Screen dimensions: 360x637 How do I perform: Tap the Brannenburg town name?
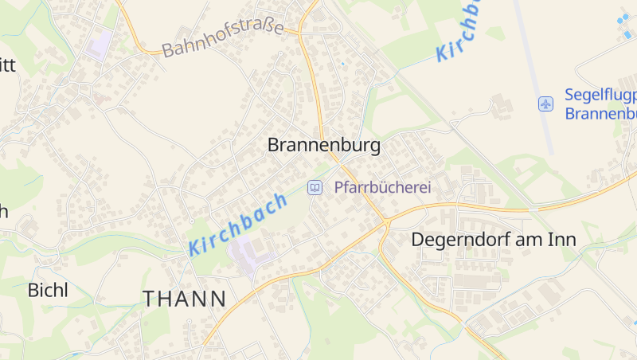[x=324, y=146]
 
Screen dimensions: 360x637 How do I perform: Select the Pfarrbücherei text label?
[x=382, y=188]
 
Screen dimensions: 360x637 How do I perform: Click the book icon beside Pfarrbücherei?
[x=315, y=188]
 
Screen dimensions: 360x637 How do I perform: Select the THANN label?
[x=185, y=299]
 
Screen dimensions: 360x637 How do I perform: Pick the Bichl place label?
[x=48, y=290]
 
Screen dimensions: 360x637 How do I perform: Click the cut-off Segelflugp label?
[x=601, y=95]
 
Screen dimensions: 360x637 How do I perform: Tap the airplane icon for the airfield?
[x=545, y=104]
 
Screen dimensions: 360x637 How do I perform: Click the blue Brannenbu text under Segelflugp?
[x=601, y=113]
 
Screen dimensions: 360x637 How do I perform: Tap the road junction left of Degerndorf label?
[x=386, y=221]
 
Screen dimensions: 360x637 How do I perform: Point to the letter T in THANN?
[x=150, y=299]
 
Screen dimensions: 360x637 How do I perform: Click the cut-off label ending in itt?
[x=7, y=65]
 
